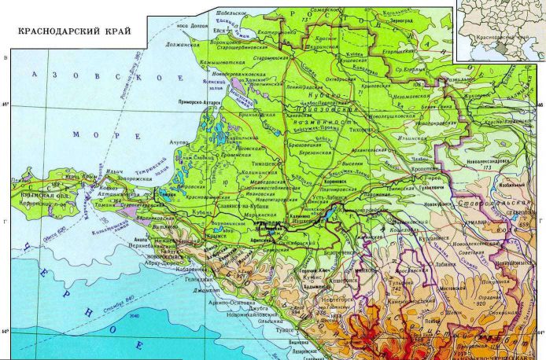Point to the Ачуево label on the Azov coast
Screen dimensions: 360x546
point(172,142)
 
